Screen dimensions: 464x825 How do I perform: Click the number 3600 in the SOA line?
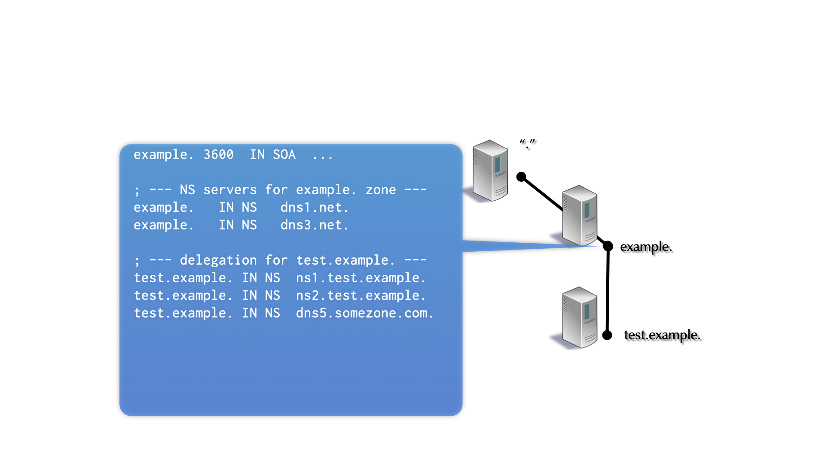(218, 155)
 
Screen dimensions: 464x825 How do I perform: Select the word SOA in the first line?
(284, 155)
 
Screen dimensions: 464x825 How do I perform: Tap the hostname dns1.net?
(314, 208)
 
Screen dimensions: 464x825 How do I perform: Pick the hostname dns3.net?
(314, 225)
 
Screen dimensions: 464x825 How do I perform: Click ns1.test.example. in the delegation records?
(361, 278)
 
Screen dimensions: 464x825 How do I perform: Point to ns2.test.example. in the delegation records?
(361, 296)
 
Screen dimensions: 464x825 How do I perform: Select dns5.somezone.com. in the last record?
(364, 313)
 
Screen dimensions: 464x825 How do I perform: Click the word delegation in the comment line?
(218, 260)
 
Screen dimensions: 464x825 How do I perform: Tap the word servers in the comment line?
(230, 190)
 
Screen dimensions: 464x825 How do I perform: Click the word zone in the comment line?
(381, 190)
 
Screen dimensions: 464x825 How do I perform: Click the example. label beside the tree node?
(645, 247)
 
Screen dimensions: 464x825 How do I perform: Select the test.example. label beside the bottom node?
(662, 335)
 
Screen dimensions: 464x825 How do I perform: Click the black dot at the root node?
(521, 177)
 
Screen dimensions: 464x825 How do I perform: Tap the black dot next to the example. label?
(608, 246)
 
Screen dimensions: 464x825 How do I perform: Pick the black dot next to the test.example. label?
(607, 335)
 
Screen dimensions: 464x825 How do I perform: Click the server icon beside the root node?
(490, 171)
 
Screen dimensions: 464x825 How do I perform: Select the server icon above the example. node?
(580, 215)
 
